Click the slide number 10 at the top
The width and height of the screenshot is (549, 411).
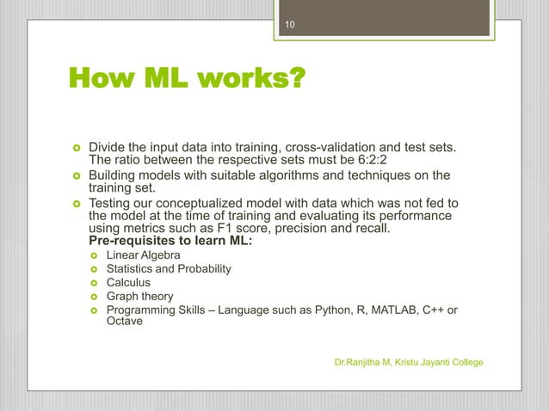click(x=291, y=26)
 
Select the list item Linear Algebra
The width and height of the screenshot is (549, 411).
click(x=143, y=256)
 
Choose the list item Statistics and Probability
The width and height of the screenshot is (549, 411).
click(x=169, y=269)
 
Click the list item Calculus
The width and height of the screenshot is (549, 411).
click(x=128, y=282)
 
